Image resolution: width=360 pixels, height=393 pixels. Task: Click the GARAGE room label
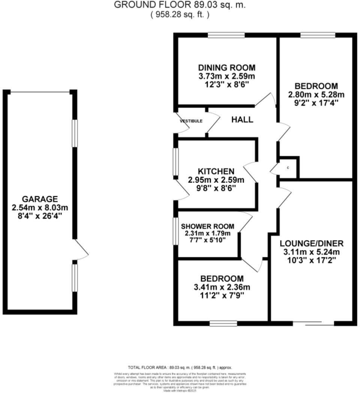pos(39,199)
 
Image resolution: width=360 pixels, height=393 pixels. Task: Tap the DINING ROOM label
pos(226,68)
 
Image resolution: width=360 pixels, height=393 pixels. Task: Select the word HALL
pos(242,120)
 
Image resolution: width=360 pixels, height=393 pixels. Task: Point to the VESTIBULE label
pos(191,121)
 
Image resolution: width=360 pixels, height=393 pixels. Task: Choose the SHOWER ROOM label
pos(207,226)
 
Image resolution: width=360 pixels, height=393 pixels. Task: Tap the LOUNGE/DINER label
pos(311,243)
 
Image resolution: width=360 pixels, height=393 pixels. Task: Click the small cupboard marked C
pos(288,167)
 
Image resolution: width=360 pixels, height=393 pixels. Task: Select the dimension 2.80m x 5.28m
pos(316,94)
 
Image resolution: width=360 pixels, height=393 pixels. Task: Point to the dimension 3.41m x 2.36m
pos(221,288)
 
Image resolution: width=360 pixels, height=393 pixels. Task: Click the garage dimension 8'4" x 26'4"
pos(39,216)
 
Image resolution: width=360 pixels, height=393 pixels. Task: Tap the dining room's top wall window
pos(226,35)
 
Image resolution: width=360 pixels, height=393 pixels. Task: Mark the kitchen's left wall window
pos(175,162)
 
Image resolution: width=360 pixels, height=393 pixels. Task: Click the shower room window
pos(175,231)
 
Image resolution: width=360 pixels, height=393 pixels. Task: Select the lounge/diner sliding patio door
pos(313,323)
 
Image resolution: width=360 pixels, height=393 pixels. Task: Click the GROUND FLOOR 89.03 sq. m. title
pos(180,5)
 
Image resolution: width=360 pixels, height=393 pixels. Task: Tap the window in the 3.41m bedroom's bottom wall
pos(223,323)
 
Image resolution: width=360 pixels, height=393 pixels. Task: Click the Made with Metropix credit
pos(180,390)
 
